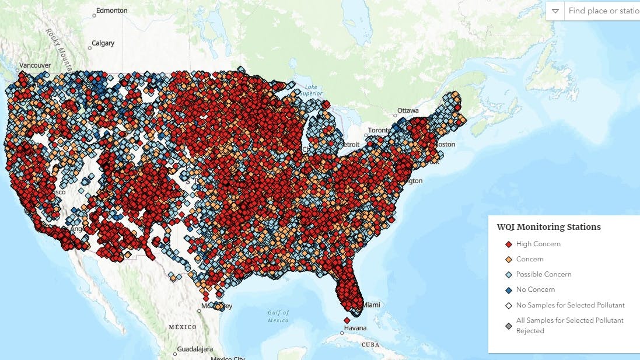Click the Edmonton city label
coord(111,11)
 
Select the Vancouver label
coord(35,65)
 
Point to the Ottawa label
coord(408,110)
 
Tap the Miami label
coord(371,305)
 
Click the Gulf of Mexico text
coord(278,317)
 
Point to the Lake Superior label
coord(313,90)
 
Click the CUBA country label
coord(370,344)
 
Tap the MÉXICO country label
coord(183,327)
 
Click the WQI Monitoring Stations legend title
coord(548,227)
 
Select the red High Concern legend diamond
coord(508,244)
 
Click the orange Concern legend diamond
coord(508,260)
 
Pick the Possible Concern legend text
coord(543,274)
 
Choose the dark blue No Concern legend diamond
coord(508,290)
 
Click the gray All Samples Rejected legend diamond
coord(508,326)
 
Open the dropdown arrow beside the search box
coord(555,11)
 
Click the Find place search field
coord(602,11)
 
